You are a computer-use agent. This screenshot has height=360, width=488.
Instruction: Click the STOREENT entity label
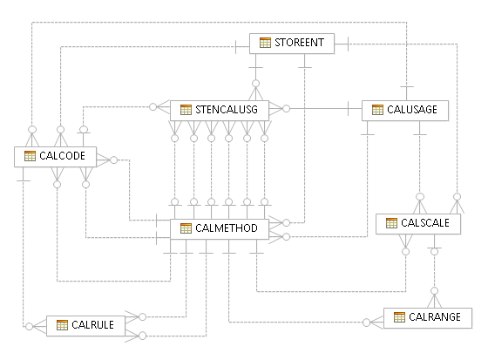pos(300,42)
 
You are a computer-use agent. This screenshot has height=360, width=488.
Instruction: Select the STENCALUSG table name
pos(227,109)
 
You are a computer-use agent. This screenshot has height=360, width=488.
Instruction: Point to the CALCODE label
pos(61,156)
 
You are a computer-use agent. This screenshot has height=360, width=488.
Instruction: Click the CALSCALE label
pos(424,223)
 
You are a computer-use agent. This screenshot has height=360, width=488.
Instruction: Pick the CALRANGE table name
pos(434,316)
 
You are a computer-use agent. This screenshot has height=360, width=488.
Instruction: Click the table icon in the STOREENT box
pos(266,42)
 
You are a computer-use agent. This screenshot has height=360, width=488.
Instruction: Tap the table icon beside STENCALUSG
pos(186,109)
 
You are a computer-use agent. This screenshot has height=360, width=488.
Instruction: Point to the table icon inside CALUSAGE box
pos(377,110)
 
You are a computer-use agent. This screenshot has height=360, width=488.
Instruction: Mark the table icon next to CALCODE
pos(29,156)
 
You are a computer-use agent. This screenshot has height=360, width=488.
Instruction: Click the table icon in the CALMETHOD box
pos(186,228)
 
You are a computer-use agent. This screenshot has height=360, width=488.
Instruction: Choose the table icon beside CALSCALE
pos(391,223)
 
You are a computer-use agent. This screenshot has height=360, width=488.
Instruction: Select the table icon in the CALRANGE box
pos(399,316)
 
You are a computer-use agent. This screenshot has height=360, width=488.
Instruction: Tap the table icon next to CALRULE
pos(62,325)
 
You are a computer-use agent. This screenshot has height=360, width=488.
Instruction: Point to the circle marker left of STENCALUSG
pos(152,107)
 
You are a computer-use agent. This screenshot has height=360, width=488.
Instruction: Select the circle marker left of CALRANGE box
pos(366,323)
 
